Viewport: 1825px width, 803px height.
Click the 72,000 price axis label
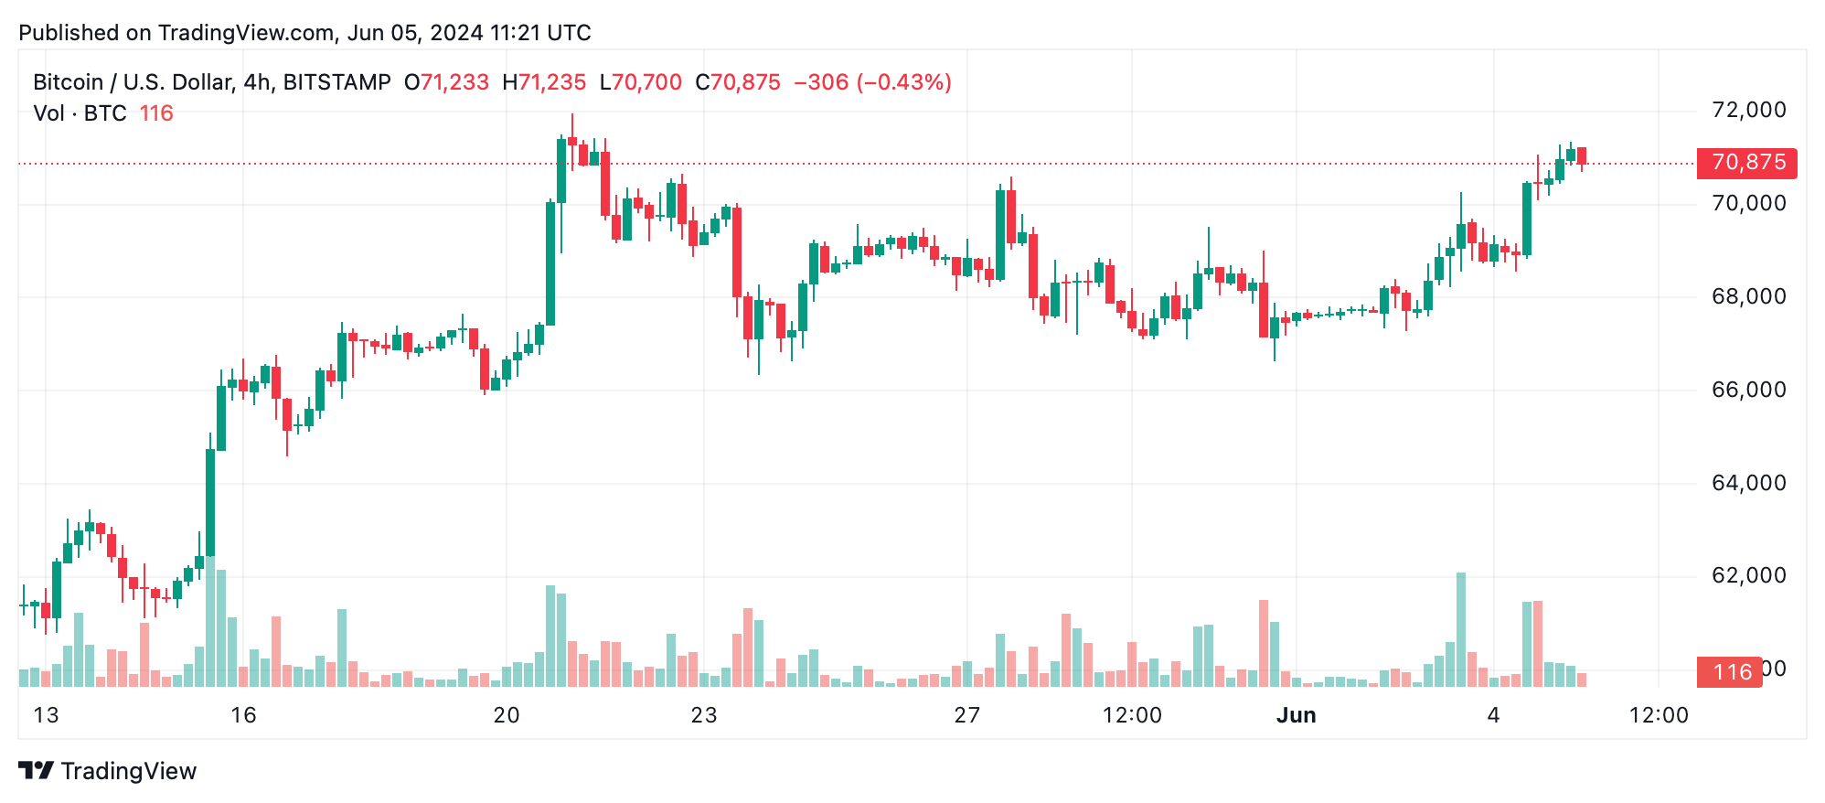1748,111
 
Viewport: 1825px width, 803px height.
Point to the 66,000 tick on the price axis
1748,391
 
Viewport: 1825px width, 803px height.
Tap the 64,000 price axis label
1748,484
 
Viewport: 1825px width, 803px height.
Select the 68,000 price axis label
1748,297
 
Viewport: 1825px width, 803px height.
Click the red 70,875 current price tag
1747,163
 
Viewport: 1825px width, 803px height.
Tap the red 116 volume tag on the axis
1730,672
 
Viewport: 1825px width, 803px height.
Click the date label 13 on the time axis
46,716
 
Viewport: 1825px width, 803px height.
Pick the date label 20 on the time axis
507,716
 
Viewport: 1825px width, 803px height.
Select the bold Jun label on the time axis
1296,716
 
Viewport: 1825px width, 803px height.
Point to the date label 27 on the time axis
967,716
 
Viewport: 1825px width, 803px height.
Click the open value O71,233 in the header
446,83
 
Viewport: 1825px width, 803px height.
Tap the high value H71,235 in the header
544,83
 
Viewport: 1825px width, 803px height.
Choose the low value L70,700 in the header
641,83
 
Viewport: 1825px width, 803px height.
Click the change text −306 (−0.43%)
872,83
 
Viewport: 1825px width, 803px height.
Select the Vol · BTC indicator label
80,114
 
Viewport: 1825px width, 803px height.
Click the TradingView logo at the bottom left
108,771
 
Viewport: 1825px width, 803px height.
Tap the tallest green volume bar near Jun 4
1461,629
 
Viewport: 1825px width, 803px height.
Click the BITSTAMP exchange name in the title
337,83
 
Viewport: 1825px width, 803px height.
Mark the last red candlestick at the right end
1582,155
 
